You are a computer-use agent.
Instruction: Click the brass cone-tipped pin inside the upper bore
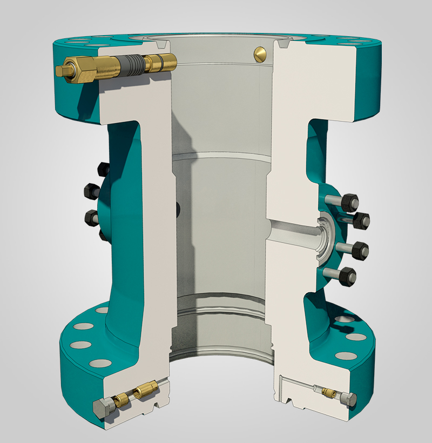[x=261, y=53]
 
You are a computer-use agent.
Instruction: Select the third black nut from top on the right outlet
[x=360, y=250]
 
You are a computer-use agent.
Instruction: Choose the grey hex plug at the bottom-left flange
[x=102, y=406]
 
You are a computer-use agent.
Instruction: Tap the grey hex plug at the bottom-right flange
[x=349, y=400]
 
